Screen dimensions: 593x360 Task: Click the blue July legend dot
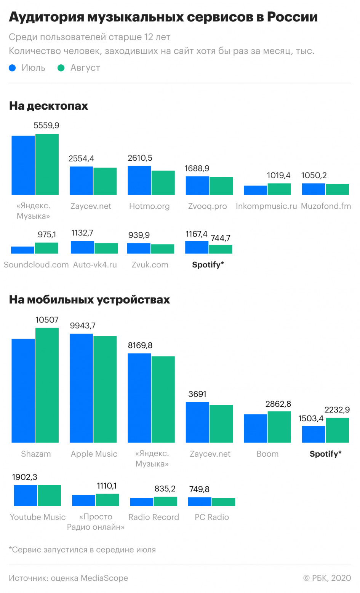[x=12, y=68]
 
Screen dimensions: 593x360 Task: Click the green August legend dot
[x=61, y=68]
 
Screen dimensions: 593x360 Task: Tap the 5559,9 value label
[x=46, y=126]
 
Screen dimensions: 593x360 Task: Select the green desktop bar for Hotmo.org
[x=163, y=183]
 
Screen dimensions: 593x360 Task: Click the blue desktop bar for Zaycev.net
[x=81, y=181]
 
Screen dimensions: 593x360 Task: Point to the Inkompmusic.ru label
[x=266, y=206]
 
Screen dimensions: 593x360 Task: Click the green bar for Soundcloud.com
[x=46, y=248]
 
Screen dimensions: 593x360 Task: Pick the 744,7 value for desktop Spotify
[x=221, y=238]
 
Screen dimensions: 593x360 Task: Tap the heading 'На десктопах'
[x=48, y=105]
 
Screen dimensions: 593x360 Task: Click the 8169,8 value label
[x=140, y=345]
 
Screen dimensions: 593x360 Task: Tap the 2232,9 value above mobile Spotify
[x=337, y=410]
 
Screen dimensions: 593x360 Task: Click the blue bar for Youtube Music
[x=26, y=495]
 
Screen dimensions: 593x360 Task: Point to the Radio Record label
[x=154, y=517]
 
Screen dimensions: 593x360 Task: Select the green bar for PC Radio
[x=223, y=502]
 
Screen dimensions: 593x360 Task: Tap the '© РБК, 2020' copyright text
[x=327, y=578]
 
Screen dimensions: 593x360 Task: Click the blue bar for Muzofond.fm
[x=313, y=189]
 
